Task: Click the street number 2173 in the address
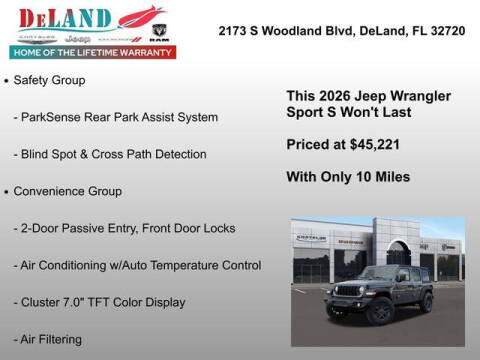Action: click(x=234, y=31)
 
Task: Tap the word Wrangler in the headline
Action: click(x=414, y=95)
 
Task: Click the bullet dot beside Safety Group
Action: click(x=8, y=79)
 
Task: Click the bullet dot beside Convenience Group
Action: click(x=8, y=191)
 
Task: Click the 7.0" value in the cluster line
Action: click(x=82, y=302)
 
